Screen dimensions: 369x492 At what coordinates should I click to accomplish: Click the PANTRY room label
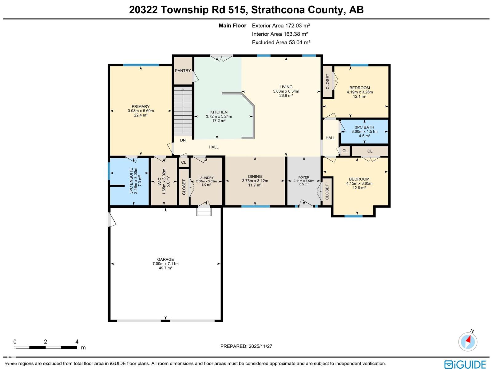click(183, 71)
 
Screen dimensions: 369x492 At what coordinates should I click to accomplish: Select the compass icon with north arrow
click(468, 342)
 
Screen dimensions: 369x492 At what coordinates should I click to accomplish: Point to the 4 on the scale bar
click(77, 342)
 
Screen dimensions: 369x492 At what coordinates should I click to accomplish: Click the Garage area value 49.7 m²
click(165, 268)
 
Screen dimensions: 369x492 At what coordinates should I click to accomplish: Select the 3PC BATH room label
click(364, 127)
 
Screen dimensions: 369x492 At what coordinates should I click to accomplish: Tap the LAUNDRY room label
click(206, 178)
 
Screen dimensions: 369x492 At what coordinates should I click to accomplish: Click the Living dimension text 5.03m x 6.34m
click(286, 91)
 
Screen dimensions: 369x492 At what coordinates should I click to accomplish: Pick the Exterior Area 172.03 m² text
click(281, 26)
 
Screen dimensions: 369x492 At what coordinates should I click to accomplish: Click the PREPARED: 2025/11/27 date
click(246, 346)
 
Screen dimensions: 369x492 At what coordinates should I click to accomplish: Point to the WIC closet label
click(160, 181)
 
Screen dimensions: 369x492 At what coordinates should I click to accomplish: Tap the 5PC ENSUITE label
click(131, 181)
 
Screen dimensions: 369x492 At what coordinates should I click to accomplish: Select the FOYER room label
click(304, 177)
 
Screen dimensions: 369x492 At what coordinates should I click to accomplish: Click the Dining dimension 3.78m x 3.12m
click(255, 181)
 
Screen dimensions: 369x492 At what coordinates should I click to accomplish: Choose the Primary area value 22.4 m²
click(141, 115)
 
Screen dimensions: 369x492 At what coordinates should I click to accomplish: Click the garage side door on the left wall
click(111, 220)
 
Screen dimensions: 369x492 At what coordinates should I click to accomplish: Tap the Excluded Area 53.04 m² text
click(281, 42)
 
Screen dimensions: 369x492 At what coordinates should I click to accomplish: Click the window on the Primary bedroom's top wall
click(141, 65)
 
